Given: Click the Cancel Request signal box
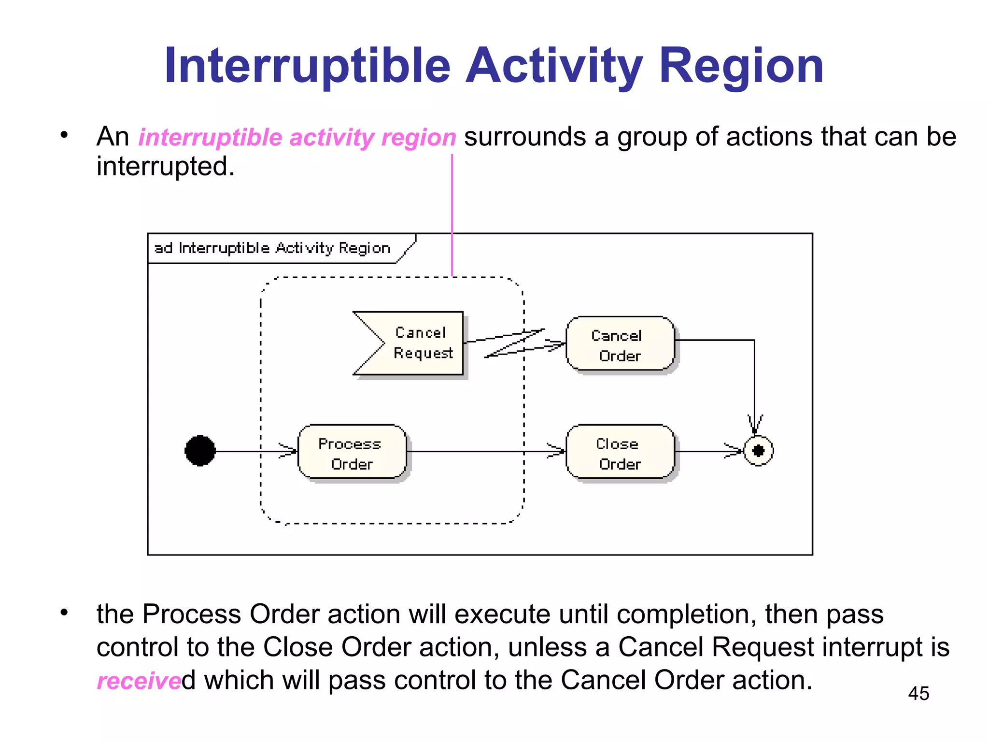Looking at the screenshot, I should [415, 343].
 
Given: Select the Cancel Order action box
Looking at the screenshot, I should [620, 344].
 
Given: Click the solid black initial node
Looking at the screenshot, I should [200, 451].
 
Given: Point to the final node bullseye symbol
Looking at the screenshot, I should [758, 451].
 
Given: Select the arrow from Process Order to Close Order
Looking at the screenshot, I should [483, 451].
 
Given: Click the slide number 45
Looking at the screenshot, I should [918, 694].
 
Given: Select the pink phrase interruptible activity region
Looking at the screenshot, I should [297, 137].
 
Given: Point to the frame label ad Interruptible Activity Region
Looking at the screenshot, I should [272, 248].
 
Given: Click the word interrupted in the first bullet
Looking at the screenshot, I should [165, 167].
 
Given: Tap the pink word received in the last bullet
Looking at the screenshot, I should [139, 681].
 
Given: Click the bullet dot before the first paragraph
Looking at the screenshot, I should [64, 135].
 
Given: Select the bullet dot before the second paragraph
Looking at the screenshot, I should [64, 613].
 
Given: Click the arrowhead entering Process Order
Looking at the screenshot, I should [289, 451].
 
